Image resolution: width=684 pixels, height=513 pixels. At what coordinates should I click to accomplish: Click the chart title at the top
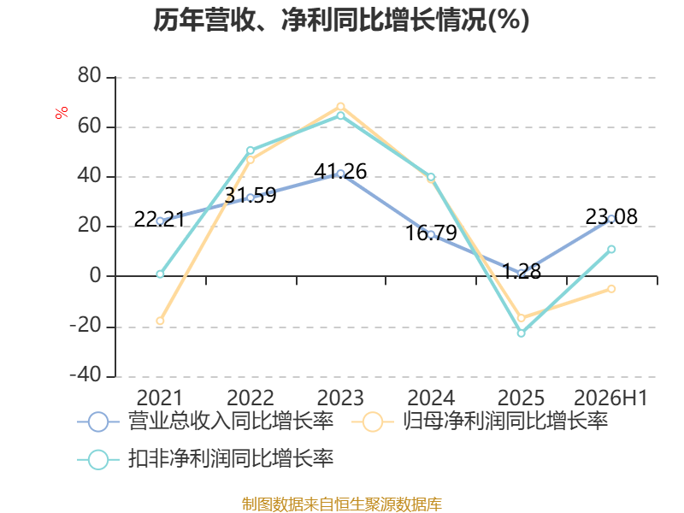tap(341, 20)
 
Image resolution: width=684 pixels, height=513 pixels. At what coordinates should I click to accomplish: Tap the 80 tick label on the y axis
tap(90, 76)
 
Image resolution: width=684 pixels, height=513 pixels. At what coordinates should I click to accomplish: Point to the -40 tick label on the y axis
tap(85, 374)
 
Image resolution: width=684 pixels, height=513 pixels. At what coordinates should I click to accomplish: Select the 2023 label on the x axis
tap(340, 398)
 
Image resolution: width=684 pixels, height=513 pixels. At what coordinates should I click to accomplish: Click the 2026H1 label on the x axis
tap(610, 398)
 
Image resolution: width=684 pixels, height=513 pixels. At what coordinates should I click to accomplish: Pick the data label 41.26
tap(340, 172)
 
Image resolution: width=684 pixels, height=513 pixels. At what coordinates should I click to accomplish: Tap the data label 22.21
tap(159, 220)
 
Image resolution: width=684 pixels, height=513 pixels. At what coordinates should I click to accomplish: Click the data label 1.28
tap(522, 271)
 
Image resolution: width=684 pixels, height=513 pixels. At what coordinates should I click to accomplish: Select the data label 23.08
tap(611, 217)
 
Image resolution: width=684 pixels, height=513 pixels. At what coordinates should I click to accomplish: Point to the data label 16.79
tap(431, 233)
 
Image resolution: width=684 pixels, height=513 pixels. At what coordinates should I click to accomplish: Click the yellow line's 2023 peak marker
tap(340, 107)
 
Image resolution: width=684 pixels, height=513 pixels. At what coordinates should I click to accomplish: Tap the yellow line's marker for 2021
tap(160, 321)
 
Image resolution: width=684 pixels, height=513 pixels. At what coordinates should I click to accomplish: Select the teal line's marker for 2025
tap(522, 333)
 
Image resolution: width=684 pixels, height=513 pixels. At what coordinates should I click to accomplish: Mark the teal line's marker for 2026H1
tap(611, 249)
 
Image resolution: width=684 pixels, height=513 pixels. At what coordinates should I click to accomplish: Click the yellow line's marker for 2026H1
tap(611, 289)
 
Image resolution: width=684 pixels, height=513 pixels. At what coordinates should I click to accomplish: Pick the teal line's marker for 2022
tap(251, 150)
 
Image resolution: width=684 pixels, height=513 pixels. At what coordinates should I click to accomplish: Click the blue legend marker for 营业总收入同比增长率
tap(98, 422)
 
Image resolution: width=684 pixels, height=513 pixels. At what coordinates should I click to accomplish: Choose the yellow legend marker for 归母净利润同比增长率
tap(373, 422)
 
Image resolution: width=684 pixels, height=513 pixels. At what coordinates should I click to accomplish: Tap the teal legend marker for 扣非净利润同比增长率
tap(98, 459)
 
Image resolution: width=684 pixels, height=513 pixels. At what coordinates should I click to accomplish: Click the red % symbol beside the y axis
tap(62, 112)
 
